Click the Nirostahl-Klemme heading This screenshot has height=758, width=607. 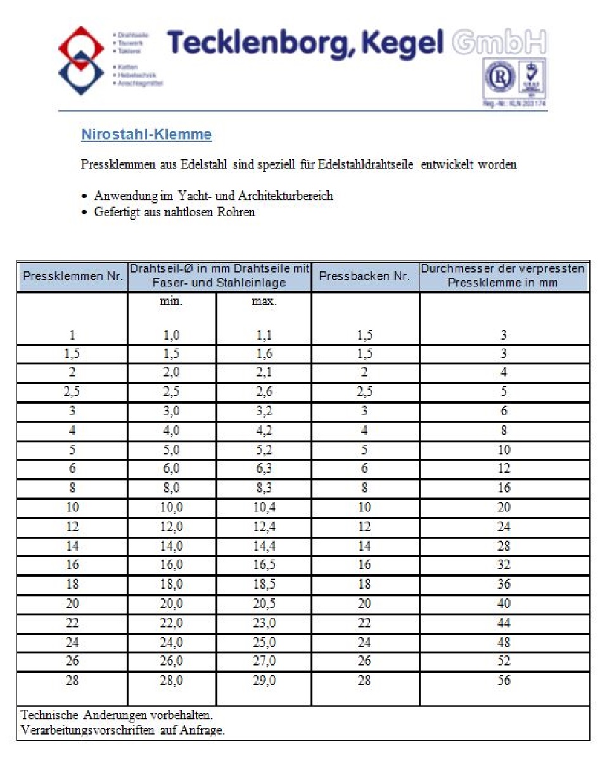click(x=146, y=135)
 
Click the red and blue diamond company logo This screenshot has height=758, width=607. click(x=81, y=60)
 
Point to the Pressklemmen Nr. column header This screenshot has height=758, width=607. click(x=73, y=276)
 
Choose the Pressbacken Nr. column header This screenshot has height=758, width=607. click(x=364, y=276)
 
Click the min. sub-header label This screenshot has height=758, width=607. click(x=171, y=302)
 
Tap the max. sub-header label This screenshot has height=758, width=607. click(x=264, y=302)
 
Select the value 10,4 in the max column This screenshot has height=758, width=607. click(x=264, y=508)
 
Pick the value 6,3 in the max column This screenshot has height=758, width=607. click(x=264, y=469)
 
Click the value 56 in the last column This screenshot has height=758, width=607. click(x=504, y=681)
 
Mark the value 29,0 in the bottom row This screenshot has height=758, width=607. click(x=264, y=681)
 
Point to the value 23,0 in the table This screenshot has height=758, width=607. click(x=264, y=623)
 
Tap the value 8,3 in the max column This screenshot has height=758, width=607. click(x=264, y=488)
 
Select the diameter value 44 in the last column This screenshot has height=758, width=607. click(x=504, y=623)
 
